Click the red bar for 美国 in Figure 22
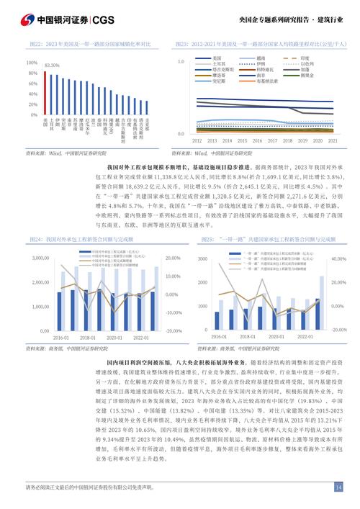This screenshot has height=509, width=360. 45,92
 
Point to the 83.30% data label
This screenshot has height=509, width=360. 52,66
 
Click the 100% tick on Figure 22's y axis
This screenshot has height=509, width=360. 32,63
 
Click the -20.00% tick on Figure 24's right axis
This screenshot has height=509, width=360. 174,330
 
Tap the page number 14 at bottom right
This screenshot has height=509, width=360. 338,487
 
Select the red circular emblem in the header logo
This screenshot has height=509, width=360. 26,19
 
